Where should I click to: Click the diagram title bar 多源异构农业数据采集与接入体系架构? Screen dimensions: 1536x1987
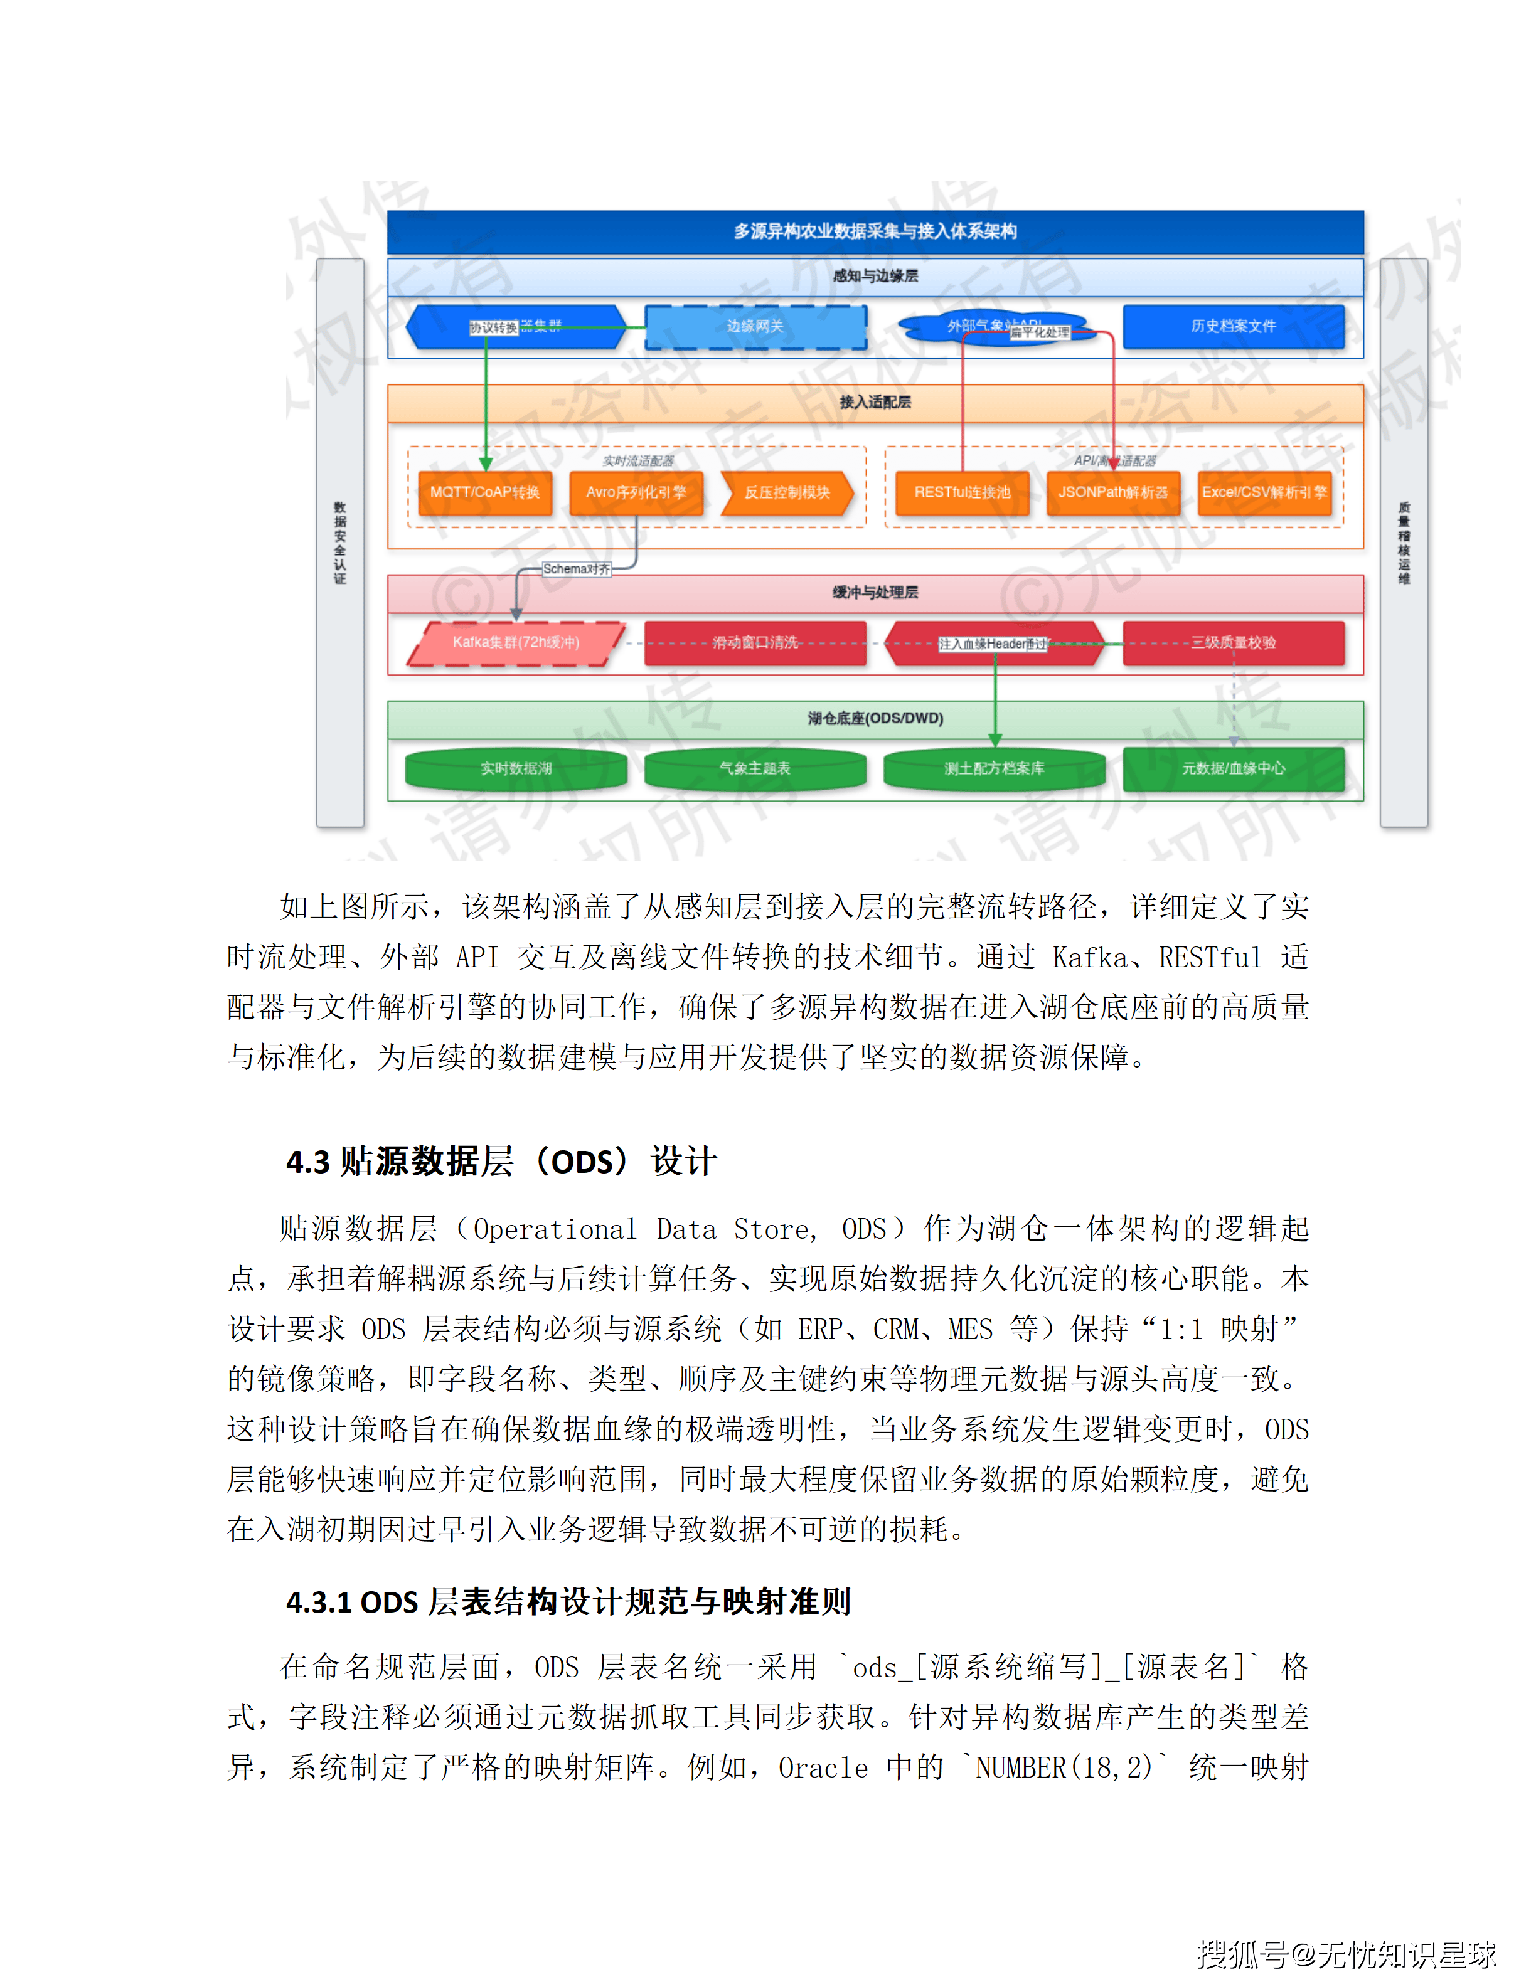click(875, 231)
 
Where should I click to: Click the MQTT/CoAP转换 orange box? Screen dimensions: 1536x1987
click(484, 493)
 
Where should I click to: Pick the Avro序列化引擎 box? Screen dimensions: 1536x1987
click(636, 493)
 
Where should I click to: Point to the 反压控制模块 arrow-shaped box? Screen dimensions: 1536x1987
click(787, 493)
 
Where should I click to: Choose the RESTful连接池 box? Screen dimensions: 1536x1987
click(962, 493)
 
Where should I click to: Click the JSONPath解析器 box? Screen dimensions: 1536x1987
click(1113, 493)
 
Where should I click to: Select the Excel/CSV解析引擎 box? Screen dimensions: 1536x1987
click(1264, 493)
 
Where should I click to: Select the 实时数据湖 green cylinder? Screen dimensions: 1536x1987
click(516, 769)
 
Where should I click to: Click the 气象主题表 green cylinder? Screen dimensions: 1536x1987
click(755, 769)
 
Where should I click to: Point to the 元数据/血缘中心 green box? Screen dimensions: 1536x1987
click(1233, 769)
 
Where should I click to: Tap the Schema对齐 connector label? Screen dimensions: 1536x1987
click(576, 570)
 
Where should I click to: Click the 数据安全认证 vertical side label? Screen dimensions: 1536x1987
click(340, 543)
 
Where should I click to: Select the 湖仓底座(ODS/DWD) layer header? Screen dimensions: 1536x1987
click(875, 719)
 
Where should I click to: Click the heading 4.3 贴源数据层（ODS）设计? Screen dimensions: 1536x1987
click(501, 1162)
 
